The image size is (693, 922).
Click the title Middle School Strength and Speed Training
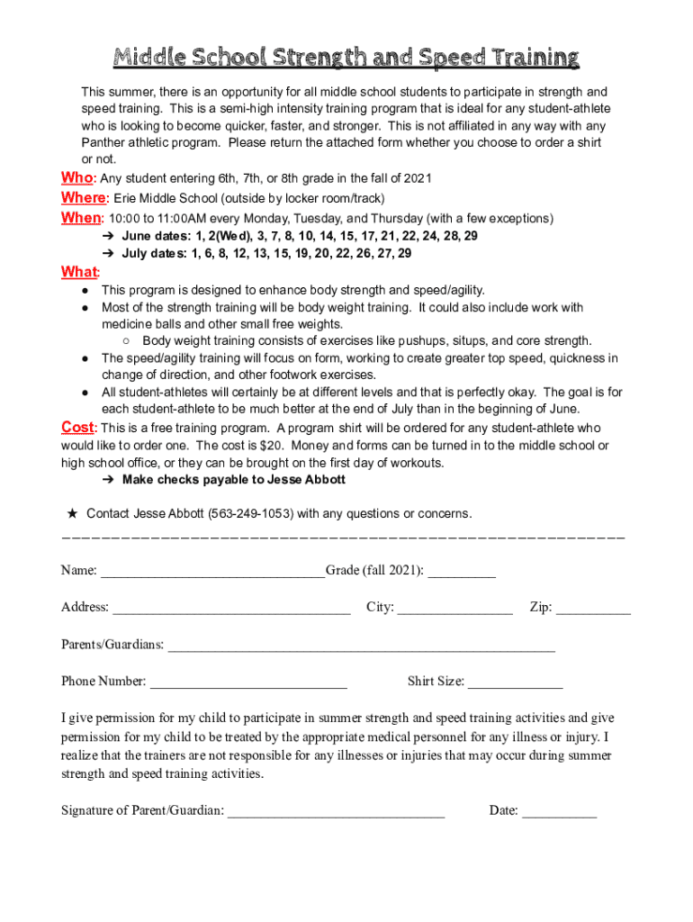[346, 59]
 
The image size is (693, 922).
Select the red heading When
[82, 218]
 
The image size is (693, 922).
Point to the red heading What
[79, 272]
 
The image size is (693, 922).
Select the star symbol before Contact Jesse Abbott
[72, 513]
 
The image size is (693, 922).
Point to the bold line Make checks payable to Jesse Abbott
[233, 480]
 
